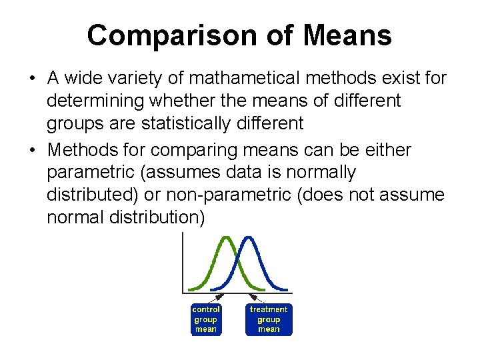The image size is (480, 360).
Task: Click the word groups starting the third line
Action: coord(73,123)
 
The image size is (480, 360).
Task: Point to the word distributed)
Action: coord(91,195)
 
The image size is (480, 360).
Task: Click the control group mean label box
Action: coord(206,319)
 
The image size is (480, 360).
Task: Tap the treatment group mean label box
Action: coord(268,319)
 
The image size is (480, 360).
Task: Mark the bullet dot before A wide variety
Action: coord(32,79)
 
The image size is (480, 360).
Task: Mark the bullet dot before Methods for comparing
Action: coord(32,151)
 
